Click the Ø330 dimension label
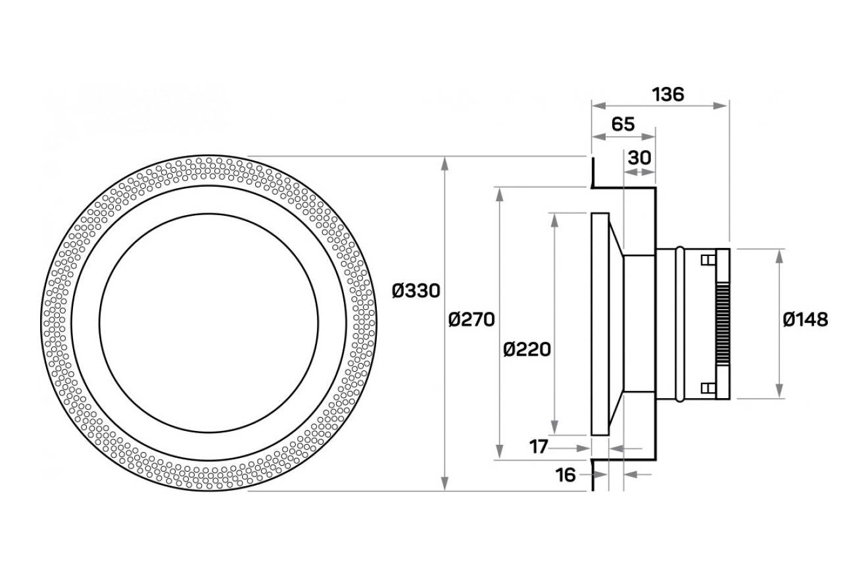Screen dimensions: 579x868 coord(416,290)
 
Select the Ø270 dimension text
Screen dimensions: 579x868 coord(471,320)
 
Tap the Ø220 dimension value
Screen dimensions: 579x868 coord(527,349)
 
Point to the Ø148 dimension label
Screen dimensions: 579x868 coord(806,320)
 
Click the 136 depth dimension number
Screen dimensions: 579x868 coord(667,94)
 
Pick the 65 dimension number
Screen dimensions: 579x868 coord(623,124)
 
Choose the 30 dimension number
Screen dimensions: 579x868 coord(639,157)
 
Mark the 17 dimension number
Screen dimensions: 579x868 coord(539,447)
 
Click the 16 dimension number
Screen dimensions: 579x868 coord(565,474)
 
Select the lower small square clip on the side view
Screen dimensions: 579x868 coord(707,388)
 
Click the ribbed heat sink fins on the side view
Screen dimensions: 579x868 coord(721,324)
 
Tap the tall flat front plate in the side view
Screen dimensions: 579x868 coord(600,324)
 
